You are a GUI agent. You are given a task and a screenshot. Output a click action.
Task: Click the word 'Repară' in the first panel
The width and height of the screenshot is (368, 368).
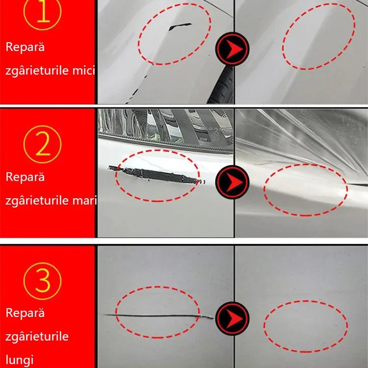click(x=25, y=48)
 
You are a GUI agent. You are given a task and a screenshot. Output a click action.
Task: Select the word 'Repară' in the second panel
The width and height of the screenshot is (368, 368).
click(x=25, y=177)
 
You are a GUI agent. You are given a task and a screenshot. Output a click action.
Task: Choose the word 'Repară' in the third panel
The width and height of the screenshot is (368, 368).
click(x=25, y=313)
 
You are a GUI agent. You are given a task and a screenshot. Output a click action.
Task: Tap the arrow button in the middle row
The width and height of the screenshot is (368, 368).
click(x=233, y=179)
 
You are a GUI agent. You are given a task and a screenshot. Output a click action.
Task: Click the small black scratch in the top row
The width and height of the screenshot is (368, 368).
click(x=179, y=26)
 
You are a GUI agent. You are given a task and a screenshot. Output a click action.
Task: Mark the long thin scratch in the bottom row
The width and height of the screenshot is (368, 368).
click(x=157, y=315)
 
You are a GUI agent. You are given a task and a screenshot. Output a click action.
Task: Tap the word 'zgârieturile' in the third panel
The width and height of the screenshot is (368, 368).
click(x=37, y=337)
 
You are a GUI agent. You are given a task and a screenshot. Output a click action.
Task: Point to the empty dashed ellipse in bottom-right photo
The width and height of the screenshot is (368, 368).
click(x=305, y=324)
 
